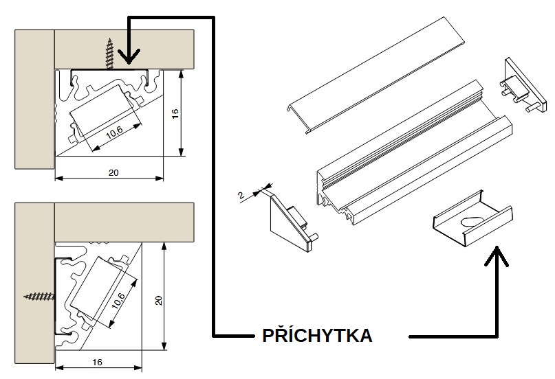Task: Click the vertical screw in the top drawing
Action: point(110,54)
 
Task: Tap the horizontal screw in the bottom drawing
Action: point(39,296)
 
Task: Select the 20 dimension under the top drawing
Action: point(113,173)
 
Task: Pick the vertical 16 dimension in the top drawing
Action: point(175,113)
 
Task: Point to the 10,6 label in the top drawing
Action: point(114,131)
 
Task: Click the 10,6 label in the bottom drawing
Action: point(118,301)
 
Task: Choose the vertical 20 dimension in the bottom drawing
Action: point(159,301)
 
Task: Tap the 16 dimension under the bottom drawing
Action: point(97,362)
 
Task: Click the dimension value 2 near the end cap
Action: point(241,195)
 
